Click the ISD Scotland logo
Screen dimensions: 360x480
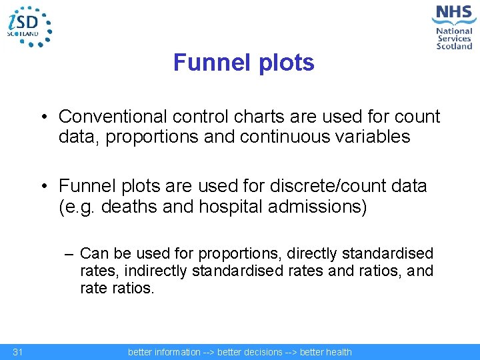click(29, 26)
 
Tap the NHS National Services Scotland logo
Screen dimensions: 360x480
click(453, 26)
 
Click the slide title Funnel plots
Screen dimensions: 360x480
click(243, 63)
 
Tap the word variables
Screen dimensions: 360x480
click(377, 137)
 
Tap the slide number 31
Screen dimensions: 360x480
click(18, 352)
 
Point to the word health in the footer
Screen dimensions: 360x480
click(338, 352)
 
